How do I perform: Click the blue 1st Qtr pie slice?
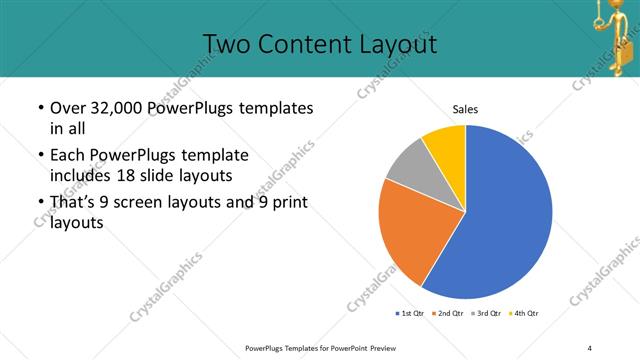(x=505, y=220)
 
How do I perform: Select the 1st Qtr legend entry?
(x=410, y=313)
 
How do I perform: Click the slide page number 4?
(x=590, y=347)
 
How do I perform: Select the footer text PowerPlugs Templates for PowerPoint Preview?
(x=320, y=347)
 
